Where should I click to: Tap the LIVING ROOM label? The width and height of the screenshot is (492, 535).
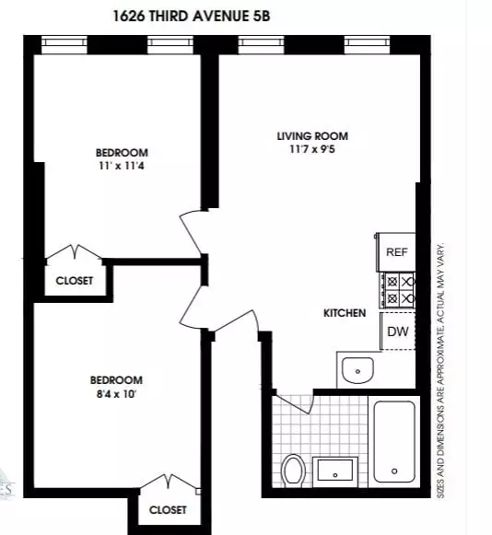312,136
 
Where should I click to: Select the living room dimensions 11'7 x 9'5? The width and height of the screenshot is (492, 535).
312,150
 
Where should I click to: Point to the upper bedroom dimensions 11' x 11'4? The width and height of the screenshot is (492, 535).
121,167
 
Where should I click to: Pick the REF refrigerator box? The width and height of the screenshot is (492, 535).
396,251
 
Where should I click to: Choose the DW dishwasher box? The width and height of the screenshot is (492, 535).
397,331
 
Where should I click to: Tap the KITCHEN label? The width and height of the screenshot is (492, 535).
345,313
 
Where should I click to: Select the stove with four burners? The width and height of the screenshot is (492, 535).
399,289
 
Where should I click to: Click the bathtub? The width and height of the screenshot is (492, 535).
393,441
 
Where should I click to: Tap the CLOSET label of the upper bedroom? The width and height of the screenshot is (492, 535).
75,281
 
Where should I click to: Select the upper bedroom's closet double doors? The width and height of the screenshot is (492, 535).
75,252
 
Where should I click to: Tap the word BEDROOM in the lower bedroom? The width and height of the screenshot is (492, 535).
116,380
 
